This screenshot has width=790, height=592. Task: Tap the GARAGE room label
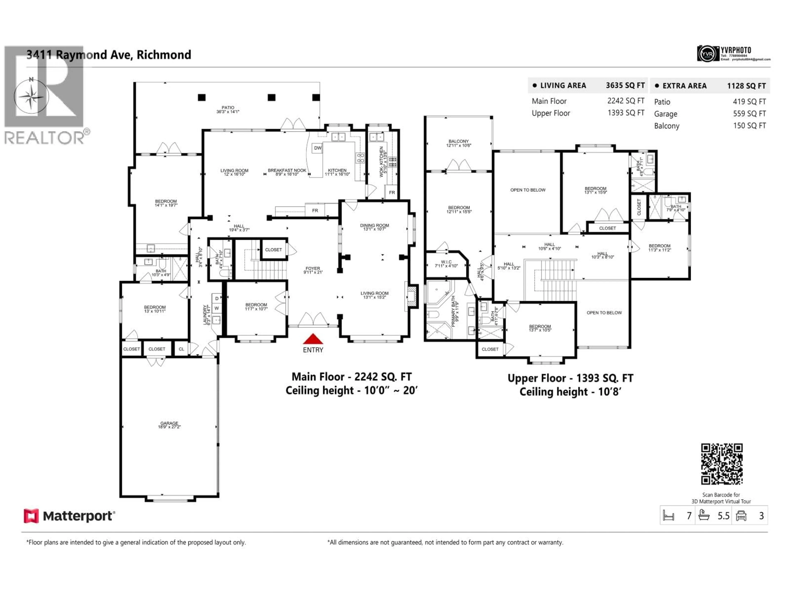point(169,425)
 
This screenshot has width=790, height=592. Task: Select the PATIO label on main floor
point(228,109)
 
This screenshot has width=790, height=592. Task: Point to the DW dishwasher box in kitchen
point(317,148)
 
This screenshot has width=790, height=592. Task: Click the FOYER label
point(313,270)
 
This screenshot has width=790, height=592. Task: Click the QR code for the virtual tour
point(721,464)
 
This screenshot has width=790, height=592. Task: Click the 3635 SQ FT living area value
point(625,85)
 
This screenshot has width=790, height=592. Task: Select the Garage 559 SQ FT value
point(749,113)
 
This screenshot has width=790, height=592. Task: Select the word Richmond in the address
point(164,55)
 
